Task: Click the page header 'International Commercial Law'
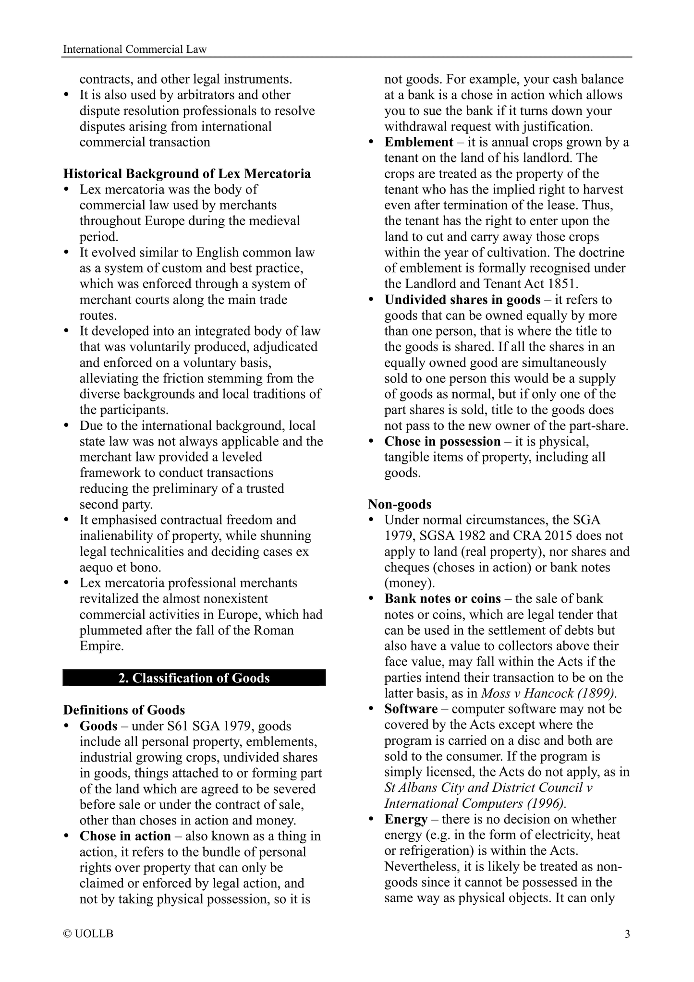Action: [x=135, y=49]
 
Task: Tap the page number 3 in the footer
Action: [x=627, y=934]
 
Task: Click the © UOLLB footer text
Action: [x=88, y=934]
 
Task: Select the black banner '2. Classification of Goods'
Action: [x=194, y=678]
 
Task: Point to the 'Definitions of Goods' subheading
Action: [x=124, y=710]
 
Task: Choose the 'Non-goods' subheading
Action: [x=400, y=504]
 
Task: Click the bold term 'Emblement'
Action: [x=418, y=142]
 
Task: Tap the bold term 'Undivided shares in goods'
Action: [x=462, y=300]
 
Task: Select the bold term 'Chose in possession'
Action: [x=442, y=441]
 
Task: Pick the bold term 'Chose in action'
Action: [x=125, y=836]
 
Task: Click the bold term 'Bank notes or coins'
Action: [x=442, y=599]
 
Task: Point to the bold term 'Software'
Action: [x=411, y=709]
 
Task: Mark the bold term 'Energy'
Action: [x=406, y=819]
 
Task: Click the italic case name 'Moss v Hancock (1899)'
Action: [x=548, y=693]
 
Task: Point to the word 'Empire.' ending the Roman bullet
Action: [x=101, y=646]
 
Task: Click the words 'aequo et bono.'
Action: [x=120, y=567]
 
